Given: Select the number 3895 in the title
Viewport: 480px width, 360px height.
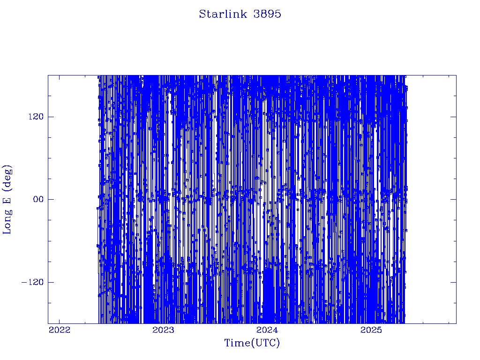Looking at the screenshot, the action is click(267, 14).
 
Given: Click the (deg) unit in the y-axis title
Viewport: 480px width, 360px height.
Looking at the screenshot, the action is click(7, 178).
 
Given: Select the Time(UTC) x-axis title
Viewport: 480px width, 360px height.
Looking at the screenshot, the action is click(252, 343).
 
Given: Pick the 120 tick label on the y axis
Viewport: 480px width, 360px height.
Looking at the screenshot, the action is click(36, 117).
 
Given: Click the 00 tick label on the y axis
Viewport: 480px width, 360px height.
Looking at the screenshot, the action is click(38, 199).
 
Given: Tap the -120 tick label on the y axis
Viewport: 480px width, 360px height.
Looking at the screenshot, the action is click(32, 282).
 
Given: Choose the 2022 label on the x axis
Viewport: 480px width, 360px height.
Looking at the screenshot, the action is click(60, 330).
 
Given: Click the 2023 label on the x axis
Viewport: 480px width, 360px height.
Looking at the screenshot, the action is click(163, 330).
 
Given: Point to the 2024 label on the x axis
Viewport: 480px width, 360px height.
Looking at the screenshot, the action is click(267, 330).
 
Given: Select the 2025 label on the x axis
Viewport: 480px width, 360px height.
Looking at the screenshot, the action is click(371, 330).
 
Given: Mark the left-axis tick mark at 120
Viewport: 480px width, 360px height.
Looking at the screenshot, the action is click(51, 117).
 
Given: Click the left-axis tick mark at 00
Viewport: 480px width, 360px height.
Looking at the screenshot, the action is click(51, 199).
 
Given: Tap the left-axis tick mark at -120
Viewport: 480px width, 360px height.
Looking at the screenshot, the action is click(51, 282).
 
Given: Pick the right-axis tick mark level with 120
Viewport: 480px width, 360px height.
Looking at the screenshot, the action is click(453, 117).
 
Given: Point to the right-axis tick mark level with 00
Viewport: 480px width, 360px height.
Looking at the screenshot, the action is click(453, 199).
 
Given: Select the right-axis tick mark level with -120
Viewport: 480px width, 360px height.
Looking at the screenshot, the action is click(453, 282).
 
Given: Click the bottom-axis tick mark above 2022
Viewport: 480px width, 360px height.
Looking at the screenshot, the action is click(60, 321).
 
